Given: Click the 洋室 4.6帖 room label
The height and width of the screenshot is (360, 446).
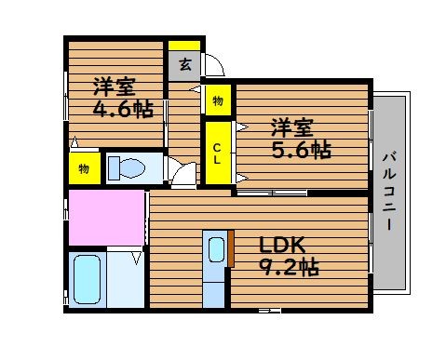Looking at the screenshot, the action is tap(124, 97).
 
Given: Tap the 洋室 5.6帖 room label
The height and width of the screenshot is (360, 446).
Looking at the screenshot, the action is tap(302, 139).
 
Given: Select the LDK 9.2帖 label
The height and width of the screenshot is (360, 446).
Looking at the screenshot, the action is tap(289, 256).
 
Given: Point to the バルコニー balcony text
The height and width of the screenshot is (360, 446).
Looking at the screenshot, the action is tap(389, 191).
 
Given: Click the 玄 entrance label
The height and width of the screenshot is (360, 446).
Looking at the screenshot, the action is tap(185, 64).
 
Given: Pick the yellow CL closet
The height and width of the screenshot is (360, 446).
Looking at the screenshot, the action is tap(218, 153).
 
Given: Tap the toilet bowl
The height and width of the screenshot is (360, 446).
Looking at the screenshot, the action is tap(132, 168).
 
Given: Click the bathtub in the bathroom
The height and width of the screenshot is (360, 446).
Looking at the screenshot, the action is tap(88, 279).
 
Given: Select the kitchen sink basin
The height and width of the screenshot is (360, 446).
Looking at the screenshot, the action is tap(216, 250).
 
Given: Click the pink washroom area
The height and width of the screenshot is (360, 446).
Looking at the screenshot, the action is tap(106, 218).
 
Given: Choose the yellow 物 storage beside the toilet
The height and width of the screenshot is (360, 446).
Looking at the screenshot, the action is tap(85, 168).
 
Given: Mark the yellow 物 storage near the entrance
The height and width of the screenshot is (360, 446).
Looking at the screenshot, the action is tap(218, 100).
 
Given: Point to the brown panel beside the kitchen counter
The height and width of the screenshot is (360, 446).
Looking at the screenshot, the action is tap(231, 248).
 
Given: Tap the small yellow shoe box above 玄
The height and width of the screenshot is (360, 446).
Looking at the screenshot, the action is tap(184, 46).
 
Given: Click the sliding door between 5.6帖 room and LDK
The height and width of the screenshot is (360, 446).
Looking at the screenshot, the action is tap(272, 193).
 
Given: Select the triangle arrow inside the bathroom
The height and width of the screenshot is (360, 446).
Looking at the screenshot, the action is tap(137, 258).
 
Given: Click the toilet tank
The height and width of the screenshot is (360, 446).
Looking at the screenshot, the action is tap(114, 168).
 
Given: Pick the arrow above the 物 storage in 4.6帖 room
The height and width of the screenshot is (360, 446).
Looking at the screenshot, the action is tap(74, 142).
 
